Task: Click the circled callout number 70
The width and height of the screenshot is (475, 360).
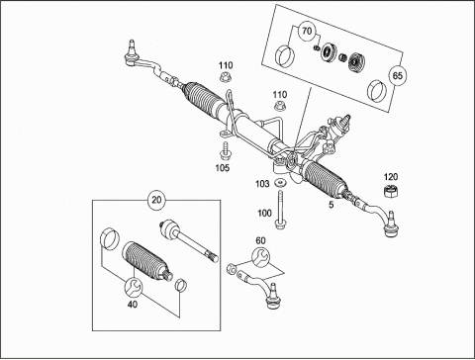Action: [x=307, y=31]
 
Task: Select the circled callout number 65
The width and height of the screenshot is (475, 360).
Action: [x=398, y=75]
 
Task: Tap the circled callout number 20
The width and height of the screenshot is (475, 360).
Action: [x=156, y=200]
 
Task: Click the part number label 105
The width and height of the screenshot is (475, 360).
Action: [x=223, y=168]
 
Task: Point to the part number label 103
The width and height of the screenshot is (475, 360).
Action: [x=262, y=184]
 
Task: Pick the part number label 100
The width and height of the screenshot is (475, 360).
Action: [x=264, y=213]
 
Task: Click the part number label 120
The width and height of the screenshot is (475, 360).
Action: [x=391, y=177]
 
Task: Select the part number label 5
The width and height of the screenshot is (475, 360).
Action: [x=332, y=205]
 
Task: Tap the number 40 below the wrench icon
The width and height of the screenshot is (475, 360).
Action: [x=133, y=304]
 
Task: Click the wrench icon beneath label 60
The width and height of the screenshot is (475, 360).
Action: [x=260, y=256]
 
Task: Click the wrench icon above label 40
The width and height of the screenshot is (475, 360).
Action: [x=134, y=287]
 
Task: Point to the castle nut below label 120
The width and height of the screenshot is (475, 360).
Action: [x=390, y=192]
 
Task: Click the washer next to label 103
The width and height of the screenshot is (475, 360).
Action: [x=280, y=182]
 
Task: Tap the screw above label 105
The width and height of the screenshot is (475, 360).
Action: [x=226, y=149]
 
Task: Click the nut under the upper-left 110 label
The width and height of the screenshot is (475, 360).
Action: [x=226, y=77]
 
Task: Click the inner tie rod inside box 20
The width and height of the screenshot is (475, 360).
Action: [x=189, y=240]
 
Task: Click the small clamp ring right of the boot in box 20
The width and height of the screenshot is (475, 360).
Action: [x=181, y=285]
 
